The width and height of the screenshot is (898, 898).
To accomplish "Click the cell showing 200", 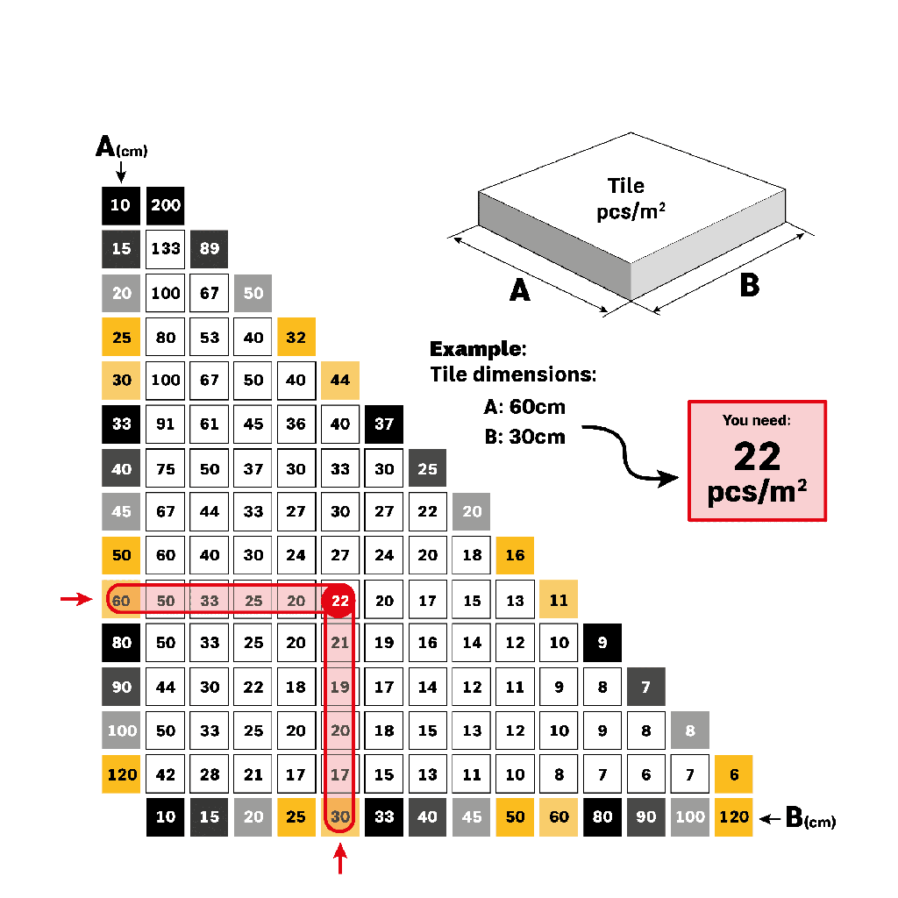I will click(x=166, y=205).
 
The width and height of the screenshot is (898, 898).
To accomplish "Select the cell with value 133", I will click(x=166, y=249).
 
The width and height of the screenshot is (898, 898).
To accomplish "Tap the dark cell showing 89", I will click(x=209, y=249).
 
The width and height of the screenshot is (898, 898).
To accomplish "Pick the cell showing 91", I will click(x=166, y=424).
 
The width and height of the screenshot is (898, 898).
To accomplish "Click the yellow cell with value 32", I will click(x=296, y=337).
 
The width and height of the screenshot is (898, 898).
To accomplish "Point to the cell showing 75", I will click(x=166, y=469).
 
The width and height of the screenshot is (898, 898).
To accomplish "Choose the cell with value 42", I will click(x=166, y=774).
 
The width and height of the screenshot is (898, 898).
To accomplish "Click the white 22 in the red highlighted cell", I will click(x=340, y=601).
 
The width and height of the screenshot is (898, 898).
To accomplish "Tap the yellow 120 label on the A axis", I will click(x=121, y=774).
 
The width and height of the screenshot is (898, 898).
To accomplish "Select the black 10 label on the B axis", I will click(x=166, y=817).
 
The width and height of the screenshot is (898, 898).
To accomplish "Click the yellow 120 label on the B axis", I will click(x=734, y=817).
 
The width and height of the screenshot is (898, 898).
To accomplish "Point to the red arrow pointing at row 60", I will click(x=75, y=600).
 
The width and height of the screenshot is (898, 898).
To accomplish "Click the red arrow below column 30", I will click(x=340, y=863).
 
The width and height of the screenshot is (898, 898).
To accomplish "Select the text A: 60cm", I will click(x=524, y=407).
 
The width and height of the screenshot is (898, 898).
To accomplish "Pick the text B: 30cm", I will click(x=524, y=437).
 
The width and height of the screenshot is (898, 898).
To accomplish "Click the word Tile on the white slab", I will click(x=626, y=186).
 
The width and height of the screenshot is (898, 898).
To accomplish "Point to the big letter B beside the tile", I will click(x=749, y=286).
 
